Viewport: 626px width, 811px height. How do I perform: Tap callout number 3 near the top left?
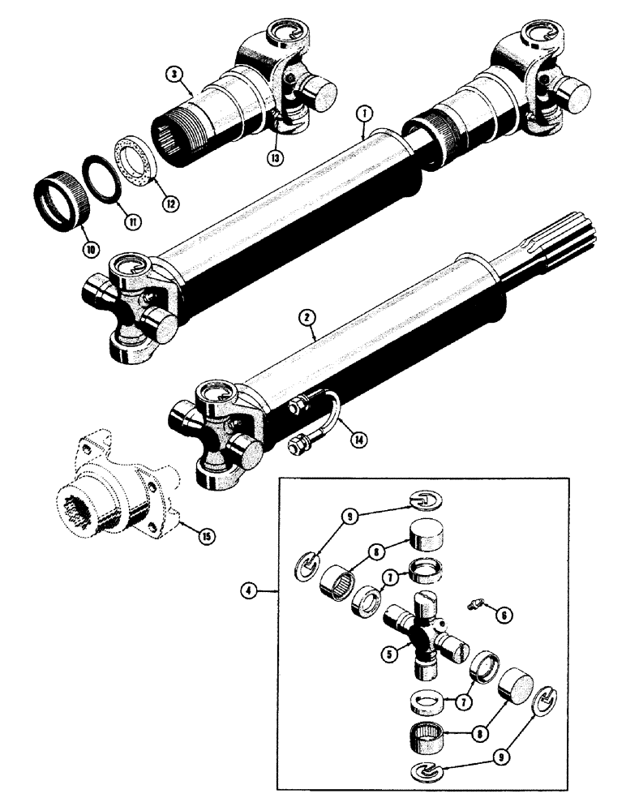click(x=171, y=74)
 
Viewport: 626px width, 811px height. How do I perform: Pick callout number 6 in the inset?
click(x=505, y=616)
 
